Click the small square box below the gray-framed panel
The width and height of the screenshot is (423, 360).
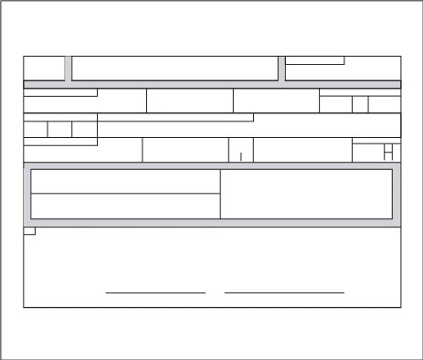click(28, 231)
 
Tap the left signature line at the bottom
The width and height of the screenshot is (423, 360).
click(155, 293)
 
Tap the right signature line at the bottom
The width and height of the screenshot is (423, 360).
click(284, 293)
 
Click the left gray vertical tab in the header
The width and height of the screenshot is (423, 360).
click(68, 69)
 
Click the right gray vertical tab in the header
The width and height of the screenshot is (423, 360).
click(281, 69)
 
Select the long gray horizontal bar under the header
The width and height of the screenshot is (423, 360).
click(212, 84)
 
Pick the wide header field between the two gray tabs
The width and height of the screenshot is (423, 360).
click(174, 69)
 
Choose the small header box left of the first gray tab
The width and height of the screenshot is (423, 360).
click(43, 69)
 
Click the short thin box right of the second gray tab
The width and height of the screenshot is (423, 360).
click(315, 61)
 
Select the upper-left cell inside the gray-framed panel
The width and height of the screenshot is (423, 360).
click(125, 182)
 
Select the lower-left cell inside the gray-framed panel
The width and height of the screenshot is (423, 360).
click(125, 206)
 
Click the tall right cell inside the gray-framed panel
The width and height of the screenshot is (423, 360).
click(306, 194)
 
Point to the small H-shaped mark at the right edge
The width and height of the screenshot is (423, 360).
click(388, 153)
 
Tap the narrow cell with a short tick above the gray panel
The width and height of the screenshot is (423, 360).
click(240, 151)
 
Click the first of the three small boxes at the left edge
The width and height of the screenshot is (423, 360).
click(36, 130)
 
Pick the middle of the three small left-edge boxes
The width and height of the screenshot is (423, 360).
click(60, 130)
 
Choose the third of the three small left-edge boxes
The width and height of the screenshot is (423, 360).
click(85, 130)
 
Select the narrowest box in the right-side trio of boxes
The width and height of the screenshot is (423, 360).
click(360, 104)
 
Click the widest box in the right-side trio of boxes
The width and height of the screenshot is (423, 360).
click(385, 104)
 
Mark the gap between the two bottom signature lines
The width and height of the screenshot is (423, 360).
click(216, 293)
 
